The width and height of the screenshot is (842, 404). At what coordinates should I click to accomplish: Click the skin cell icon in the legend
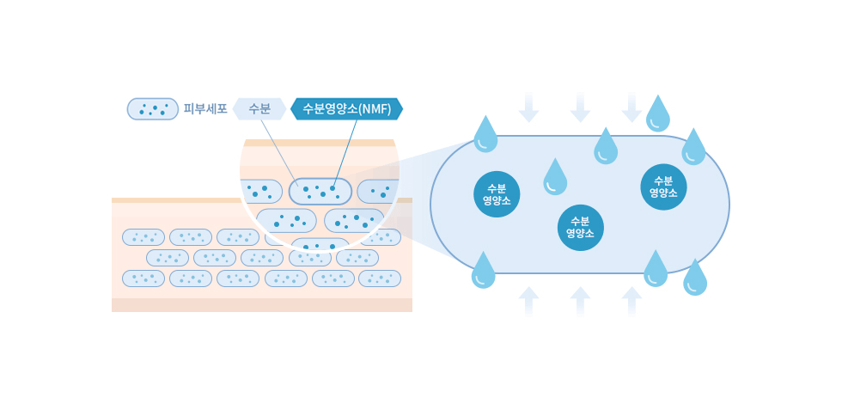[x=152, y=109]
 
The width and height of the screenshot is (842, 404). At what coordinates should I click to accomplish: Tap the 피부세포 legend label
[x=205, y=109]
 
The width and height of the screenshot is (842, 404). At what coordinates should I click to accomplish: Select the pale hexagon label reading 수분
[x=259, y=109]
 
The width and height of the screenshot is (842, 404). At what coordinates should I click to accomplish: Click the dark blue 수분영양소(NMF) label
[x=346, y=109]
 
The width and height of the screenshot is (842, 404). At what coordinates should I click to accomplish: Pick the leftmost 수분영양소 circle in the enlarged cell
[x=496, y=194]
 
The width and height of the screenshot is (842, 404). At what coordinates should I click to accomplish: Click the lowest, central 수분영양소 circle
[x=581, y=228]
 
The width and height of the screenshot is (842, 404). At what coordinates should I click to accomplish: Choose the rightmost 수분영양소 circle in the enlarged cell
[x=663, y=187]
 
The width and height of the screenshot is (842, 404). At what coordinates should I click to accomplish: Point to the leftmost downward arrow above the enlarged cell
[x=529, y=108]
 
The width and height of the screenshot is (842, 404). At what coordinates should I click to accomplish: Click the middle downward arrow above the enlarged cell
[x=581, y=108]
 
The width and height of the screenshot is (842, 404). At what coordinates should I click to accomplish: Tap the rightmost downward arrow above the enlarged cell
[x=631, y=108]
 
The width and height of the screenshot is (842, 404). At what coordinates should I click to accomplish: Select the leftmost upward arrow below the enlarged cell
[x=529, y=301]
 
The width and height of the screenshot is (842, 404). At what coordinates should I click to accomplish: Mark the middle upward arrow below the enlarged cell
[x=581, y=301]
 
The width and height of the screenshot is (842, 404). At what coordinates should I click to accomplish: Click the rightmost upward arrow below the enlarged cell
[x=631, y=301]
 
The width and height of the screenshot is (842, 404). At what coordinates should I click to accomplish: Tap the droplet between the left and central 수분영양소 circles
[x=555, y=179]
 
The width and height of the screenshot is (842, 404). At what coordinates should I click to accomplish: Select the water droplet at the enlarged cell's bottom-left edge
[x=483, y=272]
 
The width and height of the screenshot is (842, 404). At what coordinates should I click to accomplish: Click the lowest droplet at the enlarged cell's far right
[x=695, y=279]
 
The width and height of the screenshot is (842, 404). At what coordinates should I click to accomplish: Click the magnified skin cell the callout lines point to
[x=320, y=191]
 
